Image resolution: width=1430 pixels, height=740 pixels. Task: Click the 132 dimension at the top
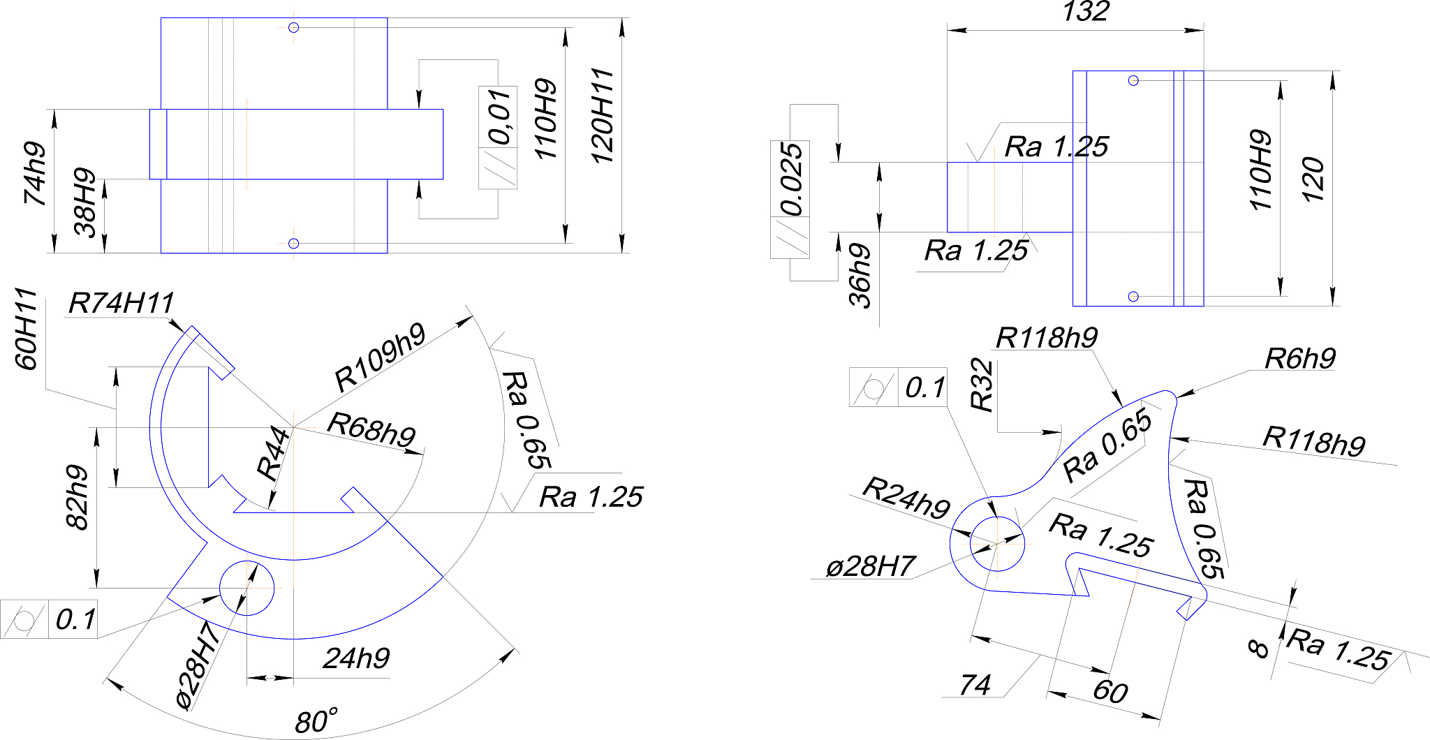point(1085,12)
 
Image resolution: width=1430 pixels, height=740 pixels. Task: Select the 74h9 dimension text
point(35,174)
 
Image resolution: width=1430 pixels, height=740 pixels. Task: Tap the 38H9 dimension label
point(85,202)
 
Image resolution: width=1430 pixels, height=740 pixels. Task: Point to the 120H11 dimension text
point(602,117)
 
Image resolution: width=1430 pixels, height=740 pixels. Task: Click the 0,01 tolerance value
point(499,117)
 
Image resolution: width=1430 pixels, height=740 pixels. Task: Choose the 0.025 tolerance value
point(790,179)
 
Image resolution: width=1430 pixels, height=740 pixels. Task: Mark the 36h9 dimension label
point(860,276)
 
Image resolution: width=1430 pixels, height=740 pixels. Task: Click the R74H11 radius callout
point(121,304)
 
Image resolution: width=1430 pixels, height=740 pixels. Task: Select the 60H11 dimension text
point(26,329)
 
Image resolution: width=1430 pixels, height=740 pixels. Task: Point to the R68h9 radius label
point(371,429)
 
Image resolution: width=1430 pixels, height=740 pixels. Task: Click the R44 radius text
point(273,454)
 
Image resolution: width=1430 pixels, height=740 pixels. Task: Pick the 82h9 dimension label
point(77,497)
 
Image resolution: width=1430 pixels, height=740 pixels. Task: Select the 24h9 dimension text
point(356,658)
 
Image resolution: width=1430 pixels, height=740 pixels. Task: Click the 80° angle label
point(316,721)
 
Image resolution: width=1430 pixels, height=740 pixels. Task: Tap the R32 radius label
point(981,385)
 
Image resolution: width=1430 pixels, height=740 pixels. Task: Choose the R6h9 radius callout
point(1299,359)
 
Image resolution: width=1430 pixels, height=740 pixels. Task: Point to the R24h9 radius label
point(906,498)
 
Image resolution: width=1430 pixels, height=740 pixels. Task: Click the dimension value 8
point(1258,649)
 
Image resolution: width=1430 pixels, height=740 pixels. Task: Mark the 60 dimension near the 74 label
point(1110,691)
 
